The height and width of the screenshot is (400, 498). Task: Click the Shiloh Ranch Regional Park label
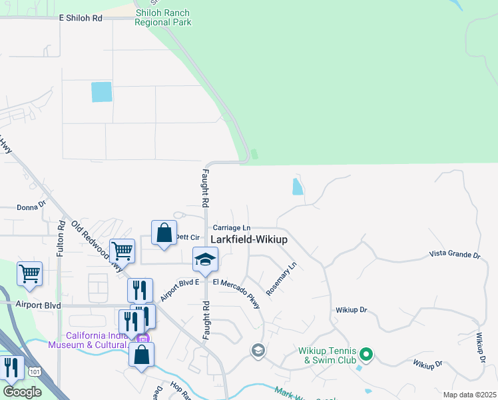(x=162, y=17)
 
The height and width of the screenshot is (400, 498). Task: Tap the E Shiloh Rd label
(x=81, y=18)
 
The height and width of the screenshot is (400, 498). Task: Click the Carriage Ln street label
(x=231, y=227)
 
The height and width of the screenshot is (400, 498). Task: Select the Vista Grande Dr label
(x=454, y=255)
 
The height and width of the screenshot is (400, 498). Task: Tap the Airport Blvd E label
(x=180, y=291)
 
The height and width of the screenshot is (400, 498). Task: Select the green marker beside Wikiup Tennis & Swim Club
(x=366, y=354)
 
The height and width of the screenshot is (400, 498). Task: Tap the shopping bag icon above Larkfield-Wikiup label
(x=164, y=233)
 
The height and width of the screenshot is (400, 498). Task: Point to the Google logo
(x=22, y=392)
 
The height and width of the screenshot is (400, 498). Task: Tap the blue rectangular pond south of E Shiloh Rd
(x=102, y=91)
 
